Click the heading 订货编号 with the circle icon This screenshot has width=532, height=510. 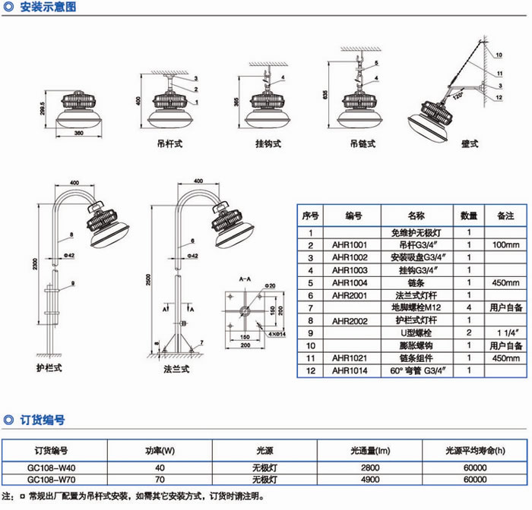pos(43,419)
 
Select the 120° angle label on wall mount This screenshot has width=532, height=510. pos(458,97)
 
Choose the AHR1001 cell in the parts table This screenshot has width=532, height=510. pos(350,245)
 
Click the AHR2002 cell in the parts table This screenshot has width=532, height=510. pos(350,320)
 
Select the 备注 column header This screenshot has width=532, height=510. pos(505,216)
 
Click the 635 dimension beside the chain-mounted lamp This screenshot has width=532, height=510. pos(325,95)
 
